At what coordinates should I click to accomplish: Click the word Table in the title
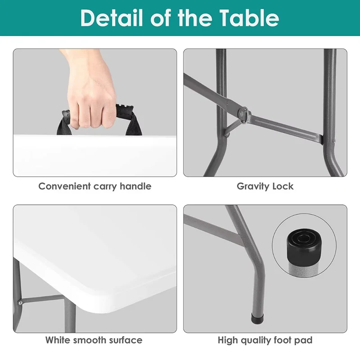coord(249,18)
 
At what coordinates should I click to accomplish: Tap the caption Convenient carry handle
coord(95,186)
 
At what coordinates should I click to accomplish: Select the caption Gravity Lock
coord(265,186)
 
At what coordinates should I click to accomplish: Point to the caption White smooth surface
coord(94,340)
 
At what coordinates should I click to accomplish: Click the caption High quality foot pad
coord(265,340)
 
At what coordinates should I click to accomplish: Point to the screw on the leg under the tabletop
coord(20,302)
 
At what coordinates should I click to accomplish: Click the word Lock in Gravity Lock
coord(283,186)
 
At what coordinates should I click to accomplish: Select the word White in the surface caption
coord(58,340)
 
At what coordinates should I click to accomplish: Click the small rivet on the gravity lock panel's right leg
coord(334,140)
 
